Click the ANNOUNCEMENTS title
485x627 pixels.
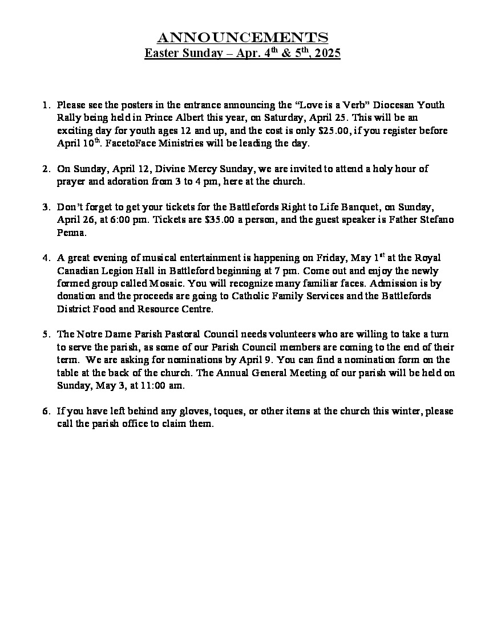coord(242,38)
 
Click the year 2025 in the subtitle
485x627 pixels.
coord(327,54)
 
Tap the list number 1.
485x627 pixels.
coord(46,105)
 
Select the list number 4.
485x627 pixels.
coord(46,258)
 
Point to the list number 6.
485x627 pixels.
coord(46,412)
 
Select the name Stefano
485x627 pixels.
coord(436,220)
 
